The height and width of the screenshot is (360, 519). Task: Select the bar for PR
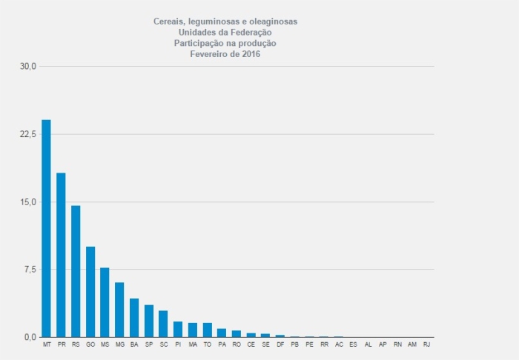point(61,255)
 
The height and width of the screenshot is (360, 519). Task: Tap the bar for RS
point(76,271)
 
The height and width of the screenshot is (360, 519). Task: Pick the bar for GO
point(90,292)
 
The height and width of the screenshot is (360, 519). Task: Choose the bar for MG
point(119,310)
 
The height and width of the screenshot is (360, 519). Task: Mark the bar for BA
point(134,318)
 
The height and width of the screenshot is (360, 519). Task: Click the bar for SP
point(149,321)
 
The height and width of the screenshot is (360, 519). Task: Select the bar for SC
point(163,324)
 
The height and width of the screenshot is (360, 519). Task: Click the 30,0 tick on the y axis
point(28,67)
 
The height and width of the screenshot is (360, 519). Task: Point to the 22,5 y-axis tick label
point(28,134)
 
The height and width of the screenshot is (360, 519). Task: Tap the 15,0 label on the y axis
point(28,202)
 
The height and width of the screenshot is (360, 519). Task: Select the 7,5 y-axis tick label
point(30,270)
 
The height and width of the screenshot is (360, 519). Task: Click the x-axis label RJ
point(426,345)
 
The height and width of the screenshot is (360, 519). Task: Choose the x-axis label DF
point(280,345)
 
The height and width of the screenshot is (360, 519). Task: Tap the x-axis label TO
point(207,345)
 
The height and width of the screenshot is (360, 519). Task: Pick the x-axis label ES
point(353,345)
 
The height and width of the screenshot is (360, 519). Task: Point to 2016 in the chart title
point(250,53)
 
